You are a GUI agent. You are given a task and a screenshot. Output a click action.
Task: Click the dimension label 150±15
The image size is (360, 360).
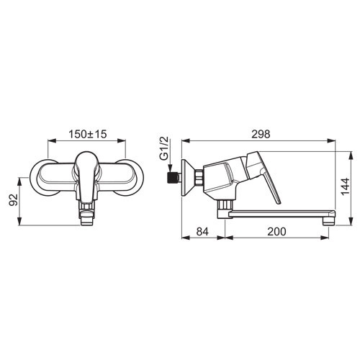[88, 135]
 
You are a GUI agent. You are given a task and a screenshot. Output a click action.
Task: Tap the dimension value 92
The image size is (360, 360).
[14, 199]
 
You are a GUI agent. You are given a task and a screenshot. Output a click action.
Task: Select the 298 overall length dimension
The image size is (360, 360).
[261, 135]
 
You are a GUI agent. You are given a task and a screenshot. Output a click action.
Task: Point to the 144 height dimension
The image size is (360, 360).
[346, 186]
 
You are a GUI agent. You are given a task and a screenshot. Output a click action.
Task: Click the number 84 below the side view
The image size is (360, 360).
[202, 232]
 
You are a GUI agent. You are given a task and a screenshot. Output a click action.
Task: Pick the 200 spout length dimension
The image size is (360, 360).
[277, 232]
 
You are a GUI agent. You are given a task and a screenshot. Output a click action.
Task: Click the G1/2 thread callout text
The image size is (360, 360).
[164, 149]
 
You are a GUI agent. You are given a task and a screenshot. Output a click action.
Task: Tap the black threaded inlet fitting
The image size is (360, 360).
[173, 177]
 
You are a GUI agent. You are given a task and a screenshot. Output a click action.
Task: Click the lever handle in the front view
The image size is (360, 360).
[86, 177]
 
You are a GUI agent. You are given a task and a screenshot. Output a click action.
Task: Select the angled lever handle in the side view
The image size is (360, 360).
[264, 175]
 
